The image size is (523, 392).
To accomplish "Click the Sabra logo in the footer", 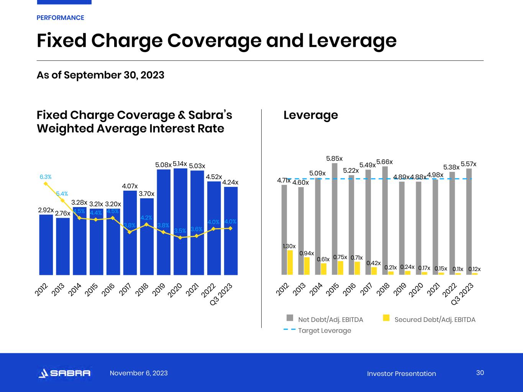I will click(64, 373).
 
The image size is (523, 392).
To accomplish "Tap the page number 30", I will click(480, 373).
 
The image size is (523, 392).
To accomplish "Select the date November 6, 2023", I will click(139, 373).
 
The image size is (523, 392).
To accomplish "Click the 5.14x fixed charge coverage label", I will click(180, 164).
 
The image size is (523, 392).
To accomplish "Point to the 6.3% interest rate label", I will click(46, 177).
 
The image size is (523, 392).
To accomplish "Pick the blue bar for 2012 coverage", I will click(46, 245).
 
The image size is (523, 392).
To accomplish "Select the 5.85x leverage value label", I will click(334, 158).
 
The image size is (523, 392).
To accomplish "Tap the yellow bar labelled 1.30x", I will click(290, 263).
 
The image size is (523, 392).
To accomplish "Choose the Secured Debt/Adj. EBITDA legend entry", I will click(430, 319).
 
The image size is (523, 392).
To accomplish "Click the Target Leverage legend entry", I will click(317, 330).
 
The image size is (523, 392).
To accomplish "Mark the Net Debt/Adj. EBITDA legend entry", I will click(325, 319).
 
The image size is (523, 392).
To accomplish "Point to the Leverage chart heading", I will click(311, 115).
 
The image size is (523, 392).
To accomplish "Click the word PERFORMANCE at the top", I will click(60, 18).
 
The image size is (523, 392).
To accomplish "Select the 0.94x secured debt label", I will click(307, 253).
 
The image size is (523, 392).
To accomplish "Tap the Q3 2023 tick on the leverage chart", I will click(463, 294).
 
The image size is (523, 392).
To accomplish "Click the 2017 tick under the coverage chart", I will click(126, 289).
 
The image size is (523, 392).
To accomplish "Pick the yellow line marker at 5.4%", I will click(62, 200).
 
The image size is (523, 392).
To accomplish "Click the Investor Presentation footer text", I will click(401, 374).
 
